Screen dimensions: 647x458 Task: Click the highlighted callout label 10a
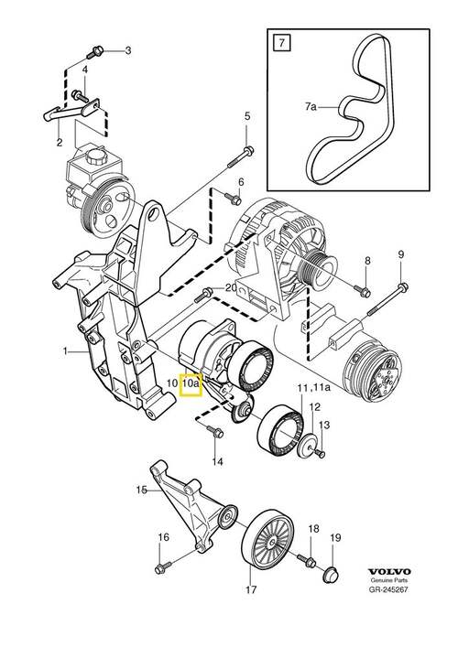(x=191, y=385)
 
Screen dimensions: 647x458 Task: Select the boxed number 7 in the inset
(x=278, y=42)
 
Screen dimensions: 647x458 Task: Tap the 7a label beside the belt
(x=310, y=108)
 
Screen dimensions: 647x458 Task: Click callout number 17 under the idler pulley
(x=250, y=590)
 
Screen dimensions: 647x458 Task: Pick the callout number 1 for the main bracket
(x=65, y=350)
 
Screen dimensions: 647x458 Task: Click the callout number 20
(x=230, y=288)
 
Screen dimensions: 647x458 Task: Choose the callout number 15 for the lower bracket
(x=142, y=491)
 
